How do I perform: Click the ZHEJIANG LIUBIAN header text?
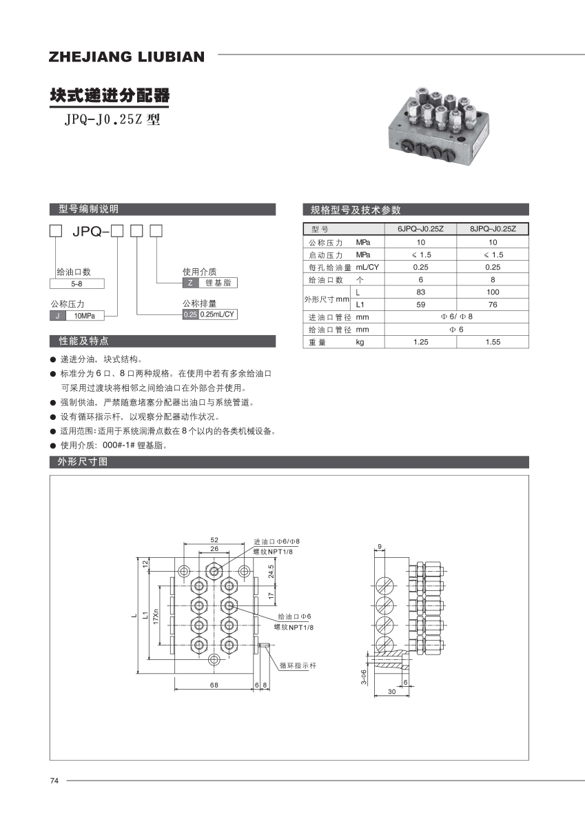click(127, 57)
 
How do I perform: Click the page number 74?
click(54, 781)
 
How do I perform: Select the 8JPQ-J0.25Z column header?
click(493, 229)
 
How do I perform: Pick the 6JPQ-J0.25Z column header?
click(420, 229)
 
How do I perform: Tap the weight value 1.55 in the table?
click(493, 342)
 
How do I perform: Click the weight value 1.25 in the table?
click(420, 342)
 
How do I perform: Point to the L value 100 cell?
click(493, 292)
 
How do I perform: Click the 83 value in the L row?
click(420, 292)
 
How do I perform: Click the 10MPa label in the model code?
click(84, 315)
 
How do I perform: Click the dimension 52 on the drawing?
click(214, 539)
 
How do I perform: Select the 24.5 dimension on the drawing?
click(271, 572)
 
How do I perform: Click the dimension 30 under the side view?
click(391, 691)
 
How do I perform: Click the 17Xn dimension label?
click(156, 616)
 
